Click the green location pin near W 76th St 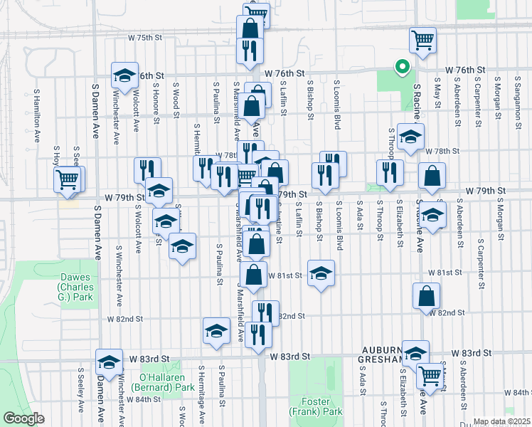pyautogui.click(x=402, y=68)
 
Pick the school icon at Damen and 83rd pyautogui.click(x=109, y=361)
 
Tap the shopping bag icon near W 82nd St pyautogui.click(x=425, y=297)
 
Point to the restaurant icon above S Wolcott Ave pyautogui.click(x=147, y=169)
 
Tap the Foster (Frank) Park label pyautogui.click(x=321, y=406)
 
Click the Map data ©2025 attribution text pyautogui.click(x=501, y=421)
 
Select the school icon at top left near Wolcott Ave pyautogui.click(x=124, y=76)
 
